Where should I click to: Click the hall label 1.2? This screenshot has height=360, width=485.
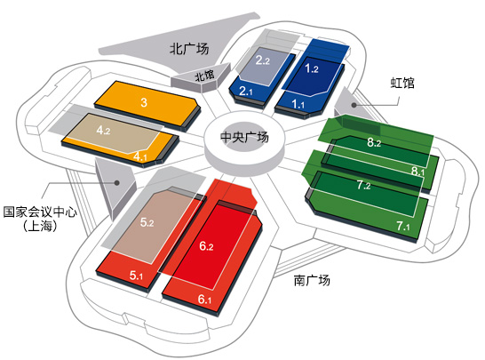tap(312, 68)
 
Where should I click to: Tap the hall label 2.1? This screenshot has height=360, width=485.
tap(246, 91)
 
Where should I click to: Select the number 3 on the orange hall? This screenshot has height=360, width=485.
tap(144, 102)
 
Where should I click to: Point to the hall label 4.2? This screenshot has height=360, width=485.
tap(103, 130)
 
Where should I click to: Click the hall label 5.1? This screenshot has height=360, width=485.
tap(136, 276)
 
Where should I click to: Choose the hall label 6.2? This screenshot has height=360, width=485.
tap(206, 246)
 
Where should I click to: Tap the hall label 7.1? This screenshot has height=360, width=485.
tap(403, 226)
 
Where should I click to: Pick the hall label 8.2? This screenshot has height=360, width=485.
tap(374, 142)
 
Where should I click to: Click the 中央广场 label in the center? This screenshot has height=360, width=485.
tap(244, 137)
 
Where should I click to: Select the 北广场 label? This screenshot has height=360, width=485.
tap(189, 49)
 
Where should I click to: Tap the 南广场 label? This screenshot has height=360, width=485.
tap(312, 280)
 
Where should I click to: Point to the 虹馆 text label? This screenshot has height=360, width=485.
tap(402, 83)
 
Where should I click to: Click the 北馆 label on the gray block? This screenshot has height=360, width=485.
tap(204, 76)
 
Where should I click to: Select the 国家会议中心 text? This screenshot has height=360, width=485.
tap(40, 212)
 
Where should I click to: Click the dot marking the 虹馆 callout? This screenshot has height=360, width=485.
tap(354, 105)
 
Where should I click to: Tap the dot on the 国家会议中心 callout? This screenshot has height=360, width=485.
tap(117, 182)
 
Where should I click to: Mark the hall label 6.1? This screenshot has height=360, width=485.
tap(204, 300)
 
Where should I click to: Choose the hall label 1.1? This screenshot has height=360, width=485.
tap(298, 104)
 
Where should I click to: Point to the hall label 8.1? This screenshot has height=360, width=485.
tap(417, 171)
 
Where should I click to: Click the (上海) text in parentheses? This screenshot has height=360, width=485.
tap(40, 226)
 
